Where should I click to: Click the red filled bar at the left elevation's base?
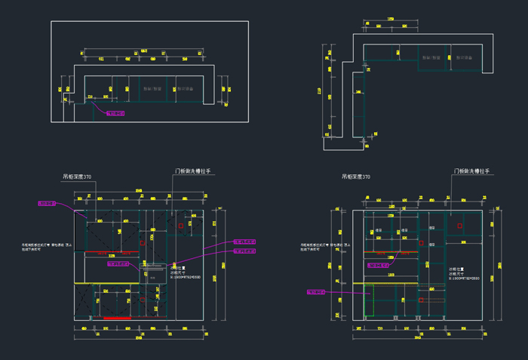coord(117,318)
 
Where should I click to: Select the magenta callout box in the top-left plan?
coord(115,113)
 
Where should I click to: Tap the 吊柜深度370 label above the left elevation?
coord(77,177)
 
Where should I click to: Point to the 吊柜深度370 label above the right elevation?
coord(356,177)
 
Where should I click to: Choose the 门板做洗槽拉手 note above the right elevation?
coord(471,172)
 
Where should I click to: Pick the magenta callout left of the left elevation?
coord(48,203)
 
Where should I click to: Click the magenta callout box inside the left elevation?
coord(120,264)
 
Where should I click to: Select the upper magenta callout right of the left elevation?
coord(244,242)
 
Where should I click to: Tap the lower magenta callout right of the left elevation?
coord(244,251)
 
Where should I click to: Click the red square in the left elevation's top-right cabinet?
coord(181,225)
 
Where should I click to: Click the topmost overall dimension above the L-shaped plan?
coord(391,19)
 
